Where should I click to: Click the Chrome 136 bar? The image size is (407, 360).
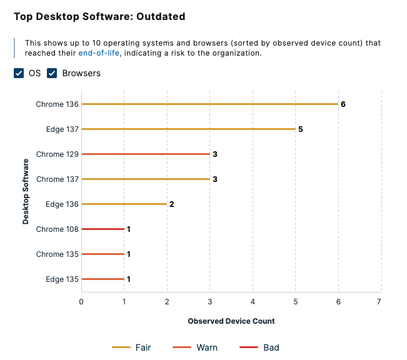209,104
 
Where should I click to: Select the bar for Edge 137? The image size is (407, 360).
188,129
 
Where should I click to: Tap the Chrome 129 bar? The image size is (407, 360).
146,154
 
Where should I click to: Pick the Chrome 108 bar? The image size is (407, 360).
103,229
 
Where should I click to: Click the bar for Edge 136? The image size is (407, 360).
124,204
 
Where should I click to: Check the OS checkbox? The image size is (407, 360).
19,73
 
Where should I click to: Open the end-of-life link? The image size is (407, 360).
98,53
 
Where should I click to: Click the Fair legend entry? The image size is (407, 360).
131,347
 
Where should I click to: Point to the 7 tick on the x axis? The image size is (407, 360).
379,301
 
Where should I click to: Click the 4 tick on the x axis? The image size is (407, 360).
252,301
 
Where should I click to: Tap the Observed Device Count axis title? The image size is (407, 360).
231,321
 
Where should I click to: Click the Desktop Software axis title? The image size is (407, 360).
26,191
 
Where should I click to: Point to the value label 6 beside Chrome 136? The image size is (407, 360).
343,104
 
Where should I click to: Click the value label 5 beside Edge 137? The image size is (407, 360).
301,129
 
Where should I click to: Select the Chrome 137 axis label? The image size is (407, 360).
58,179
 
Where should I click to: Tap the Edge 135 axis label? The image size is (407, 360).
62,279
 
